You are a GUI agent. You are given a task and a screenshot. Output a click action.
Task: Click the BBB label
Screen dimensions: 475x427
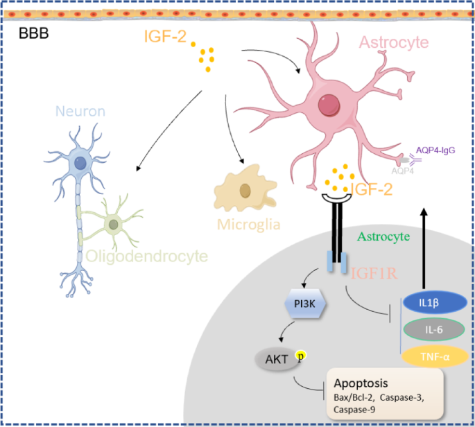coord(33,33)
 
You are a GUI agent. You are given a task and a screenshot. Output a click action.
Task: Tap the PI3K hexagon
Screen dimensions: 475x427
coord(305,304)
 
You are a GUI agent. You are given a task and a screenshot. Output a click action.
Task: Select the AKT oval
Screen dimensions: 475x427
coord(277,360)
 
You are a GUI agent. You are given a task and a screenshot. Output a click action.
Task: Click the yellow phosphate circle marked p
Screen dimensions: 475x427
coord(300,355)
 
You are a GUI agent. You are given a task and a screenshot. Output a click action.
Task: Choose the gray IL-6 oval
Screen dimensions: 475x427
coord(434,329)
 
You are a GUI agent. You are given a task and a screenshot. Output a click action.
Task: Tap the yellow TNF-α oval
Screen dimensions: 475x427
coord(435,356)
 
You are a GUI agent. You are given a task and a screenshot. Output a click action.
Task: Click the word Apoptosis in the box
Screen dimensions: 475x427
coord(361,383)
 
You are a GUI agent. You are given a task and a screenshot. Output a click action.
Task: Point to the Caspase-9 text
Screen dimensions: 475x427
coord(354,410)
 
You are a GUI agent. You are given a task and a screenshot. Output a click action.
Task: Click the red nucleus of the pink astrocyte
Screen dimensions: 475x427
coord(329,105)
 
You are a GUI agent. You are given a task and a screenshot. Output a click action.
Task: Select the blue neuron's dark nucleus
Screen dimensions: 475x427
coord(80,163)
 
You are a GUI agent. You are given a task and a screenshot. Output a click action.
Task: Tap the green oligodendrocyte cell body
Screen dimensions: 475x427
coord(113,225)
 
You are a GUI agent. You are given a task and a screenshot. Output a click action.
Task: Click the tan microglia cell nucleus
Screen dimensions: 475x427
coord(245,191)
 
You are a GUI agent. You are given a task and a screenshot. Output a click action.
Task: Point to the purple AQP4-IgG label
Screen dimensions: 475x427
coord(435,150)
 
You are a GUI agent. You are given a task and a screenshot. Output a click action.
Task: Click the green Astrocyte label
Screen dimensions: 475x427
coord(383,236)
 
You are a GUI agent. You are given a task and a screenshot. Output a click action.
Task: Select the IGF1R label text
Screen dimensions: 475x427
coord(374,274)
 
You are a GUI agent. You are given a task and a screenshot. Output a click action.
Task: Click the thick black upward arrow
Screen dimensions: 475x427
coord(424,248)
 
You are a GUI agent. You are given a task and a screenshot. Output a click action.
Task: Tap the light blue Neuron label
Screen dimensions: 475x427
coord(80,111)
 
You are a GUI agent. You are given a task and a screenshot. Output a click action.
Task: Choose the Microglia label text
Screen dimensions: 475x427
coord(249,225)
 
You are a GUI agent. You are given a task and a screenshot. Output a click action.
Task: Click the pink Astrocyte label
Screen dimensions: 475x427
coord(394,42)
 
